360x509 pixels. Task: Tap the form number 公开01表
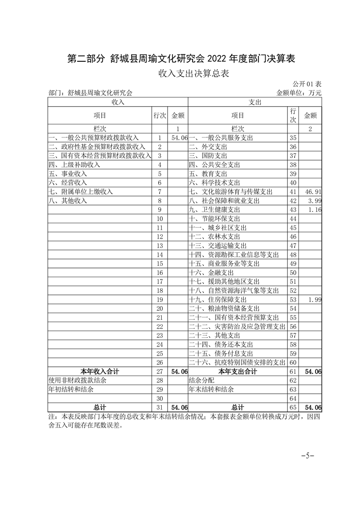pyautogui.click(x=307, y=84)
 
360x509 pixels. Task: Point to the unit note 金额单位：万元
pyautogui.click(x=299, y=93)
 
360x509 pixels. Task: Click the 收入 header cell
pyautogui.click(x=118, y=103)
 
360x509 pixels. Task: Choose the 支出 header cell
pyautogui.click(x=255, y=103)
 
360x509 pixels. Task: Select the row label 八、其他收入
pyautogui.click(x=67, y=201)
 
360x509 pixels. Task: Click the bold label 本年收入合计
pyautogui.click(x=99, y=372)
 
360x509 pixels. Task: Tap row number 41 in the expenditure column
pyautogui.click(x=293, y=192)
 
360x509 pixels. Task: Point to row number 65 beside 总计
pyautogui.click(x=293, y=407)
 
